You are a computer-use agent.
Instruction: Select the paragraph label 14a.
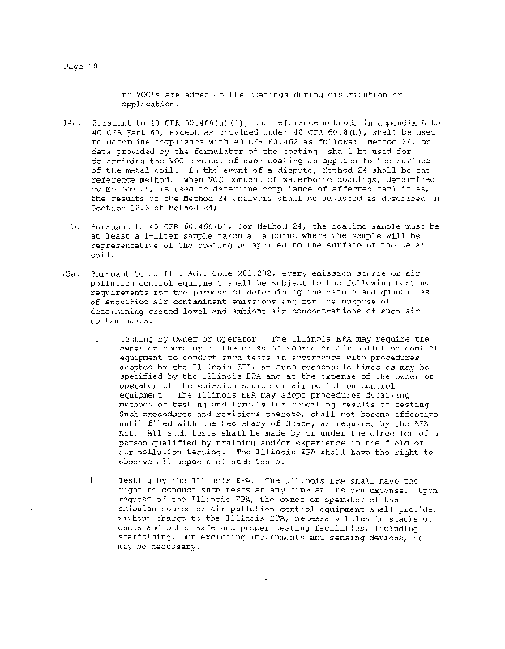click(69, 119)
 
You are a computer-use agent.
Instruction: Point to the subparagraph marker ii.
click(96, 479)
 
